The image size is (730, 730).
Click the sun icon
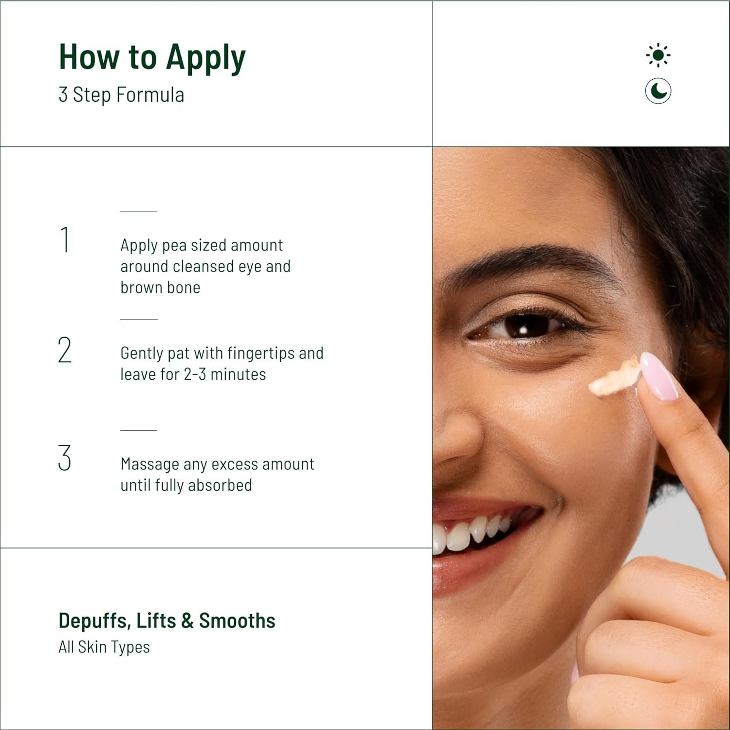(658, 55)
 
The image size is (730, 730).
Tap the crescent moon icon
(658, 91)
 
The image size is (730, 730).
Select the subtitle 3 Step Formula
(121, 94)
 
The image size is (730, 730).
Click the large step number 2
(65, 350)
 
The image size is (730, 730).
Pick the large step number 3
(64, 458)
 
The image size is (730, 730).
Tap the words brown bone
(160, 287)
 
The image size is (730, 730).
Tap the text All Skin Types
(104, 647)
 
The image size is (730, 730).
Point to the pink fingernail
(659, 376)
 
